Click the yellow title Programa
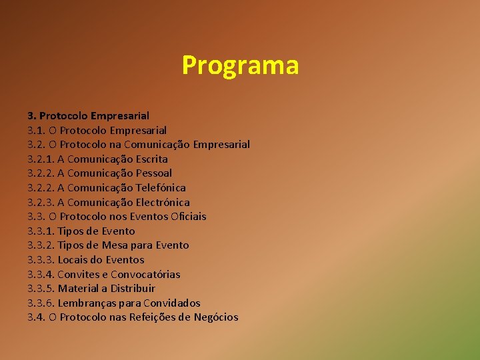240,66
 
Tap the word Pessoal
153,173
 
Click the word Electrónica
163,203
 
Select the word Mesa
125,245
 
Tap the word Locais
73,260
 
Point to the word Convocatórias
145,275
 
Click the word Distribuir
132,289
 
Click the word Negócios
216,317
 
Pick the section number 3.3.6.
41,303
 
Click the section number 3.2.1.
41,159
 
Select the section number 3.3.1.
41,231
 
